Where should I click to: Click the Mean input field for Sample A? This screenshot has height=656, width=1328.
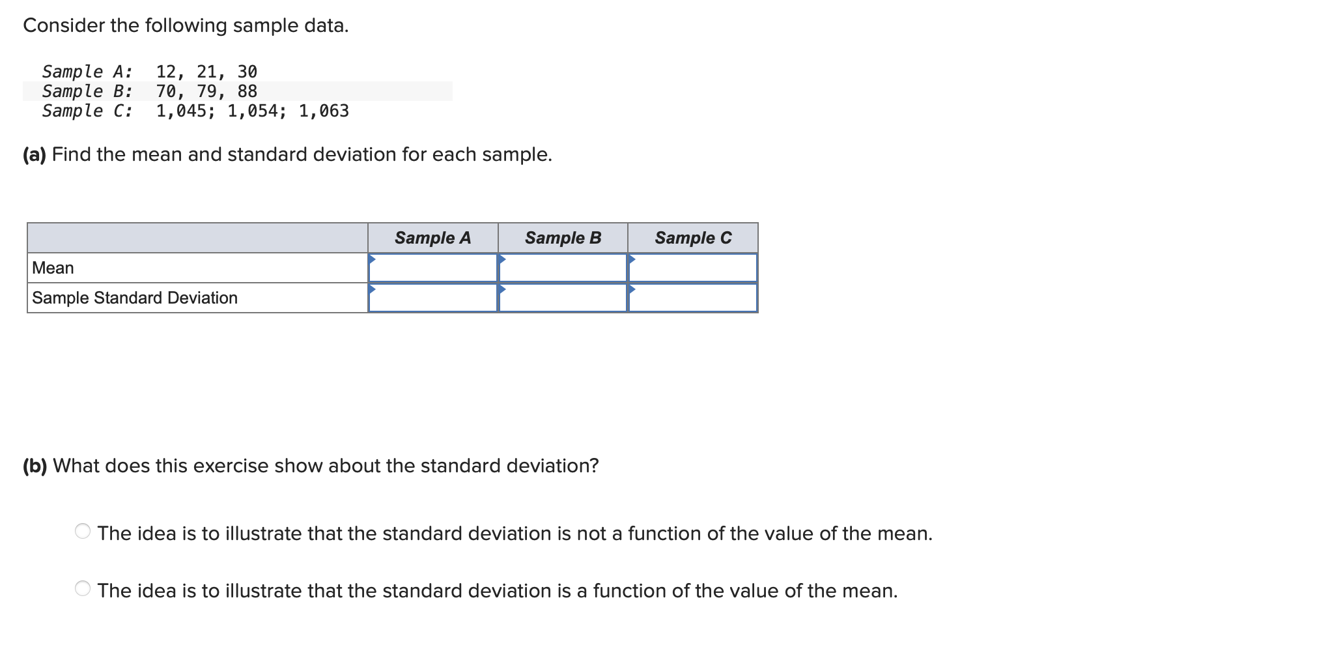point(433,268)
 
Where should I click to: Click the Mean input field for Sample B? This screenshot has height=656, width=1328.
point(563,268)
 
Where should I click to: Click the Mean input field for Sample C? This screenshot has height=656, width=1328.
point(693,268)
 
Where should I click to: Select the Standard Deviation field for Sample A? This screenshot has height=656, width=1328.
point(433,298)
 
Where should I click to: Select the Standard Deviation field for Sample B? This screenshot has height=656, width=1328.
point(563,298)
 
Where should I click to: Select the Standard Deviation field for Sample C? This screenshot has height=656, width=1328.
point(693,298)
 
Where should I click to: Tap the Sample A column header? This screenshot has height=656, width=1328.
point(432,238)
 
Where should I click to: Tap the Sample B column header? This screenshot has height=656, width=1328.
point(563,238)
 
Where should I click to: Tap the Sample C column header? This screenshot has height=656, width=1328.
point(693,238)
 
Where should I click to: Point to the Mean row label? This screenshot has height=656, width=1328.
point(53,268)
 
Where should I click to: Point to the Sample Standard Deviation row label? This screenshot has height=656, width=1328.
point(135,298)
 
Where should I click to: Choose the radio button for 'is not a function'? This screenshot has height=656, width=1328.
point(83,532)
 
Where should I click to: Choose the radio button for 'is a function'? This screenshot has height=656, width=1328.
point(83,589)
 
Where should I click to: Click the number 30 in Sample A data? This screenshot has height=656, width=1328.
point(247,72)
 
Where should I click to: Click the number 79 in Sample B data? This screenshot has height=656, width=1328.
point(206,91)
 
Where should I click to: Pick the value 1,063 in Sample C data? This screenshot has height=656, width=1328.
point(324,111)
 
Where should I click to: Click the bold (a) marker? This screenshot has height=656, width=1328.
point(35,154)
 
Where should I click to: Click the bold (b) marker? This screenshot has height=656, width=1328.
point(35,466)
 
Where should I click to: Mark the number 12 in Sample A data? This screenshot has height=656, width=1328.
point(166,72)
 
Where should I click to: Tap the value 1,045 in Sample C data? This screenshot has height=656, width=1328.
point(181,111)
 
